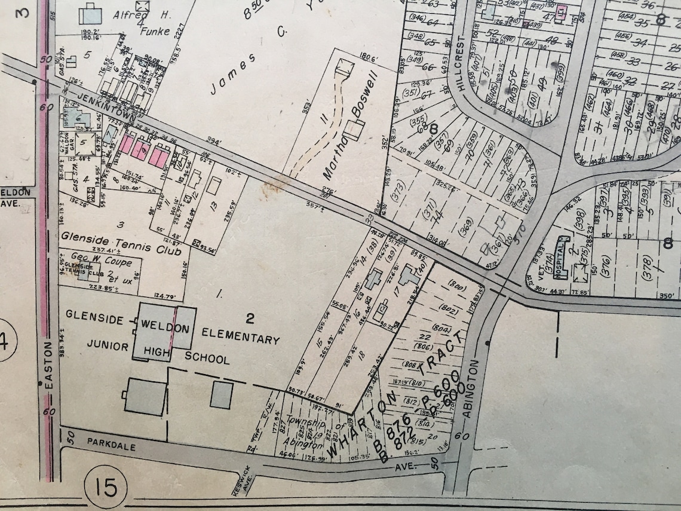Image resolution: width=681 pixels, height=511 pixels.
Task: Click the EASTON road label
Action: (x=48, y=370)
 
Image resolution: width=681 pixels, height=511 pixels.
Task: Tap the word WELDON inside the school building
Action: (x=165, y=328)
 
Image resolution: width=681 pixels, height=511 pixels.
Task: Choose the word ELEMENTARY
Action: (x=240, y=336)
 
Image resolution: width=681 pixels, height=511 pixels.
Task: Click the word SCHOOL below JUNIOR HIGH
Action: (x=207, y=359)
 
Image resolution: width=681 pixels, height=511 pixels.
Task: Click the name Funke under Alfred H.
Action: (x=155, y=31)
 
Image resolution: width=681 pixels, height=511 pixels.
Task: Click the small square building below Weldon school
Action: (x=221, y=395)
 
